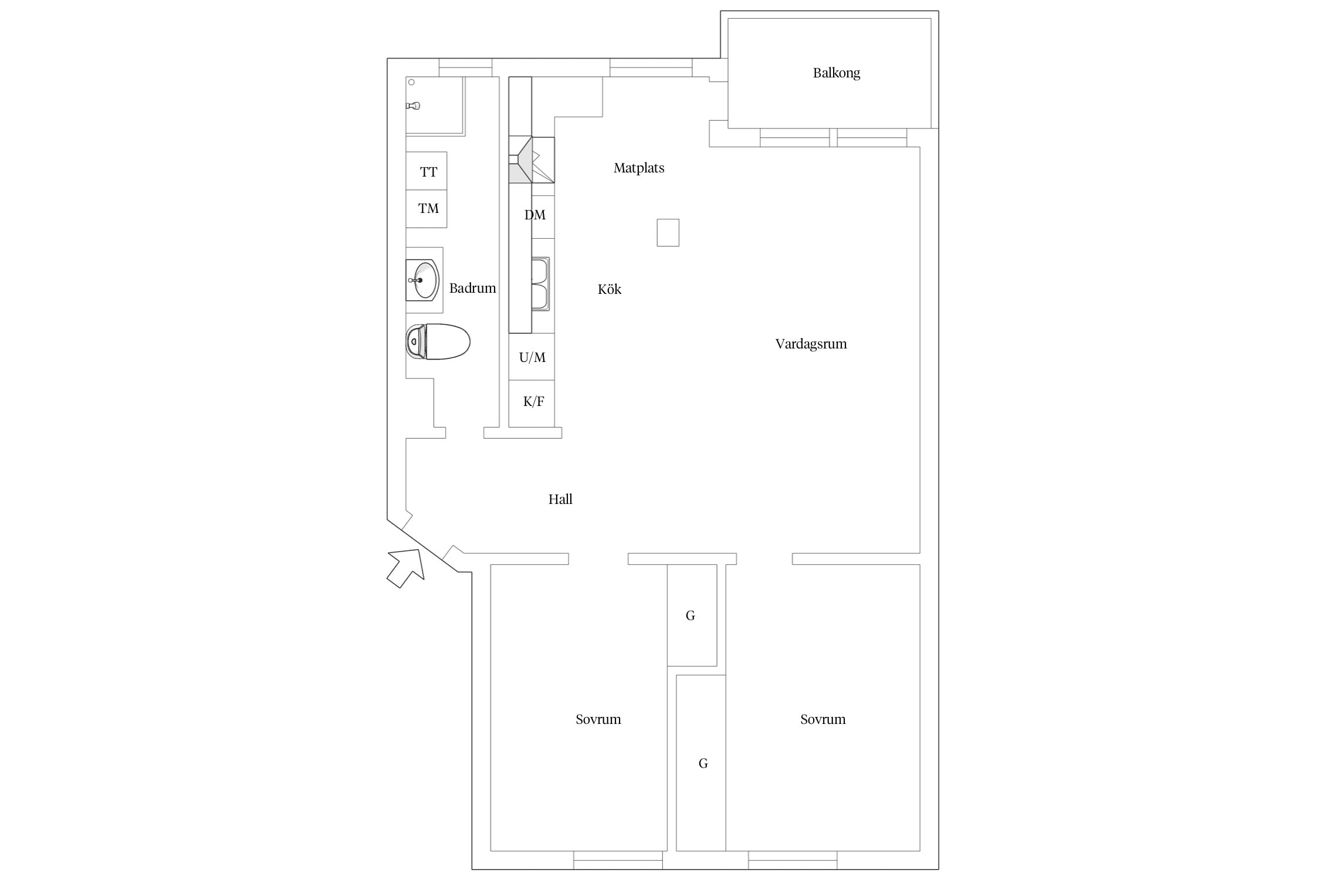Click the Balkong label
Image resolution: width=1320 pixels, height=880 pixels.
[x=836, y=73]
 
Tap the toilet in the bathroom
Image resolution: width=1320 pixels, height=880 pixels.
[x=438, y=341]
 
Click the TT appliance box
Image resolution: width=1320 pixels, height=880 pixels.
[x=427, y=171]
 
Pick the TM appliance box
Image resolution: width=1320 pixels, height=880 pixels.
[x=427, y=209]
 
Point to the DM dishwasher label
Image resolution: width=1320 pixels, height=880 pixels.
[x=534, y=215]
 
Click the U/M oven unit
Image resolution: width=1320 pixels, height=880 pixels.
[x=532, y=357]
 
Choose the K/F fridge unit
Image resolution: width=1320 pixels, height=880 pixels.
[x=532, y=404]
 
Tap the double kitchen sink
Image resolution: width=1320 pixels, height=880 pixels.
[x=540, y=284]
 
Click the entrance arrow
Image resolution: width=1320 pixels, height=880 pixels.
[x=406, y=567]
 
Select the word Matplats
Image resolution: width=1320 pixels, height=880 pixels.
[x=639, y=168]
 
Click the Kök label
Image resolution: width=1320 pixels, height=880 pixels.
[x=610, y=289]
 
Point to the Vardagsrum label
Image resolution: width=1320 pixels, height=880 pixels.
[x=811, y=344]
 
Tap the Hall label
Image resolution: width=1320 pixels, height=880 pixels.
[x=560, y=499]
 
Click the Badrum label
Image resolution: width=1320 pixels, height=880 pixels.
[x=472, y=288]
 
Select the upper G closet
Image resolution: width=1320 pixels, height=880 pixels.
[x=692, y=615]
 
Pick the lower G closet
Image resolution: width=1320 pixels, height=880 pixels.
[x=701, y=763]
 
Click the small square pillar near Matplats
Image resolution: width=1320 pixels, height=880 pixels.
[x=668, y=232]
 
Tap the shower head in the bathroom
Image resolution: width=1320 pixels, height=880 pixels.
[x=414, y=106]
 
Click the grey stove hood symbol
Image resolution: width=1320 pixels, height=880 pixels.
[x=520, y=160]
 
